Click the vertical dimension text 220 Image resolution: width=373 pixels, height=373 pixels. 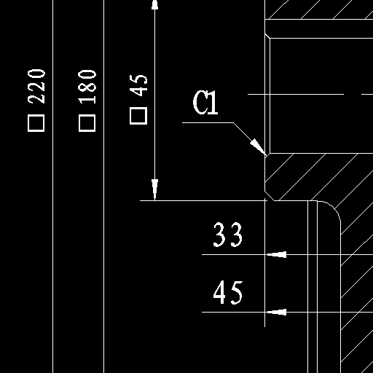click(36, 87)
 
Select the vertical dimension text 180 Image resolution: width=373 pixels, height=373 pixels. click(87, 87)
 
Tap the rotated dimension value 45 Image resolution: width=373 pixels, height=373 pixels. click(138, 85)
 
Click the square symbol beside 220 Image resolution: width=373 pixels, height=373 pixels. click(36, 123)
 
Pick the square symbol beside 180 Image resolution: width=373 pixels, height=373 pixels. click(87, 123)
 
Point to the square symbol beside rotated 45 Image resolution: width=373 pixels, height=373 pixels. click(138, 116)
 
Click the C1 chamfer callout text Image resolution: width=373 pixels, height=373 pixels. click(205, 102)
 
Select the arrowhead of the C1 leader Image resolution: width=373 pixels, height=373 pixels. click(259, 147)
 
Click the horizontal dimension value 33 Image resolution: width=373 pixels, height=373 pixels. click(227, 235)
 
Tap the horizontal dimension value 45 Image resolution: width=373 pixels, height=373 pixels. click(228, 292)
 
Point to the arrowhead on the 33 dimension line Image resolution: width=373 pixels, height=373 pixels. click(276, 254)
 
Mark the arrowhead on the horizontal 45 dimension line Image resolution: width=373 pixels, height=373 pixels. click(276, 312)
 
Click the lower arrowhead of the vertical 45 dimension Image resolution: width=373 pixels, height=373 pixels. click(155, 190)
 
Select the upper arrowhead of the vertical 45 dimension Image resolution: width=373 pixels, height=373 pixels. click(155, 5)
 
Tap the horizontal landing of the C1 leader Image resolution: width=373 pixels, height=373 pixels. click(208, 122)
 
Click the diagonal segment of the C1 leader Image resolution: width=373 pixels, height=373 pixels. click(250, 139)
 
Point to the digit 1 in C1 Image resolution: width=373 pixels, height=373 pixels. click(213, 102)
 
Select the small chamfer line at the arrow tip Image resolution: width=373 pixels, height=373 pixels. click(267, 156)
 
